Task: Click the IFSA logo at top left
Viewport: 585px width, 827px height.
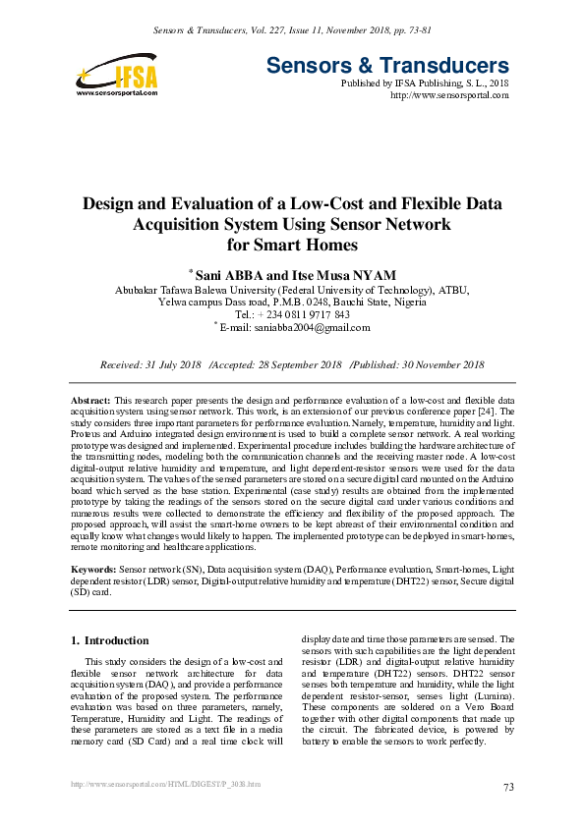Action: [116, 73]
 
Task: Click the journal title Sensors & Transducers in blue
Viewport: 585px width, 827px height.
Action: [387, 67]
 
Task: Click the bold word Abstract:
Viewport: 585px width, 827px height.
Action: [91, 404]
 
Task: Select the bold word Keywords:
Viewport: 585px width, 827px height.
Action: [94, 569]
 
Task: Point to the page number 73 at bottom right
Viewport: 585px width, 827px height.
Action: [508, 787]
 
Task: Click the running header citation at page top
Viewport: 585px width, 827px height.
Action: [292, 30]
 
